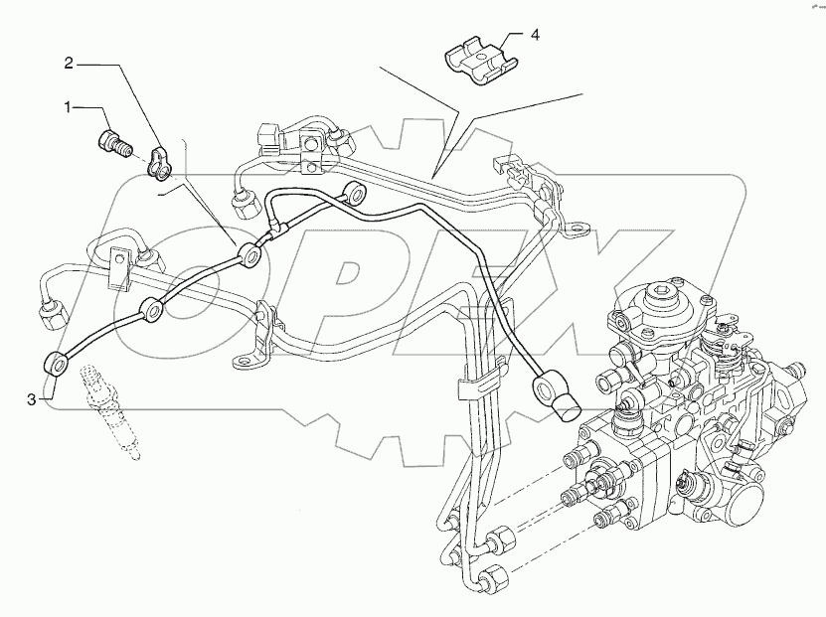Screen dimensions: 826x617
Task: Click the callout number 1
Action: [x=68, y=106]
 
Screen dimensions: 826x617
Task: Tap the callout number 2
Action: [x=69, y=64]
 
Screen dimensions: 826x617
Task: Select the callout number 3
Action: [x=32, y=399]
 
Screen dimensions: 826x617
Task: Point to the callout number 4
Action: [x=534, y=36]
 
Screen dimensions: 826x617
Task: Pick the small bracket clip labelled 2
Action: [x=160, y=163]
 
